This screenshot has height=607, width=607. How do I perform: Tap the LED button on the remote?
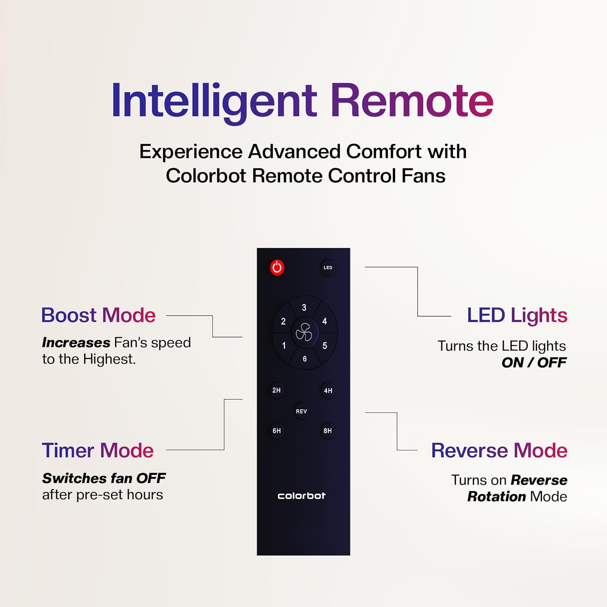point(328,267)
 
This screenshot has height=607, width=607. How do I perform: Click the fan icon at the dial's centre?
point(304,333)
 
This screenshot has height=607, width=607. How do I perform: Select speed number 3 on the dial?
point(304,308)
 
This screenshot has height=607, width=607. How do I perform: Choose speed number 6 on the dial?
point(305,359)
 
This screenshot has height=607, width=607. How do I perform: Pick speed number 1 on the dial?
point(284,346)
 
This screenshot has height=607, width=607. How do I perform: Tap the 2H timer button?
point(276,391)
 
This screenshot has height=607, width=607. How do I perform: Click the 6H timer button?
point(276,431)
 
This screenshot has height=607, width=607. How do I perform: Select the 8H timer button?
point(327,431)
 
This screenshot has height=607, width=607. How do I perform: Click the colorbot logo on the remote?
point(301,496)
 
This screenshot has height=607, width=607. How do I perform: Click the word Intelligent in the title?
point(214,101)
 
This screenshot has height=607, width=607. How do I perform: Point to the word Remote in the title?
point(412,101)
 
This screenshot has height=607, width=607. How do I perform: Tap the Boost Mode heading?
point(98,315)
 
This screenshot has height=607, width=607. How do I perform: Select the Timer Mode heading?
point(98,450)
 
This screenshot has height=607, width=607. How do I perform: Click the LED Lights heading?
point(517,315)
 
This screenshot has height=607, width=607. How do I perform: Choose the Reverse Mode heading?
point(499,450)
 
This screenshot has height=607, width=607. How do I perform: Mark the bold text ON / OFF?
point(534,363)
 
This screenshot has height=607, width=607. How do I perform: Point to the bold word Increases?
point(76,343)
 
